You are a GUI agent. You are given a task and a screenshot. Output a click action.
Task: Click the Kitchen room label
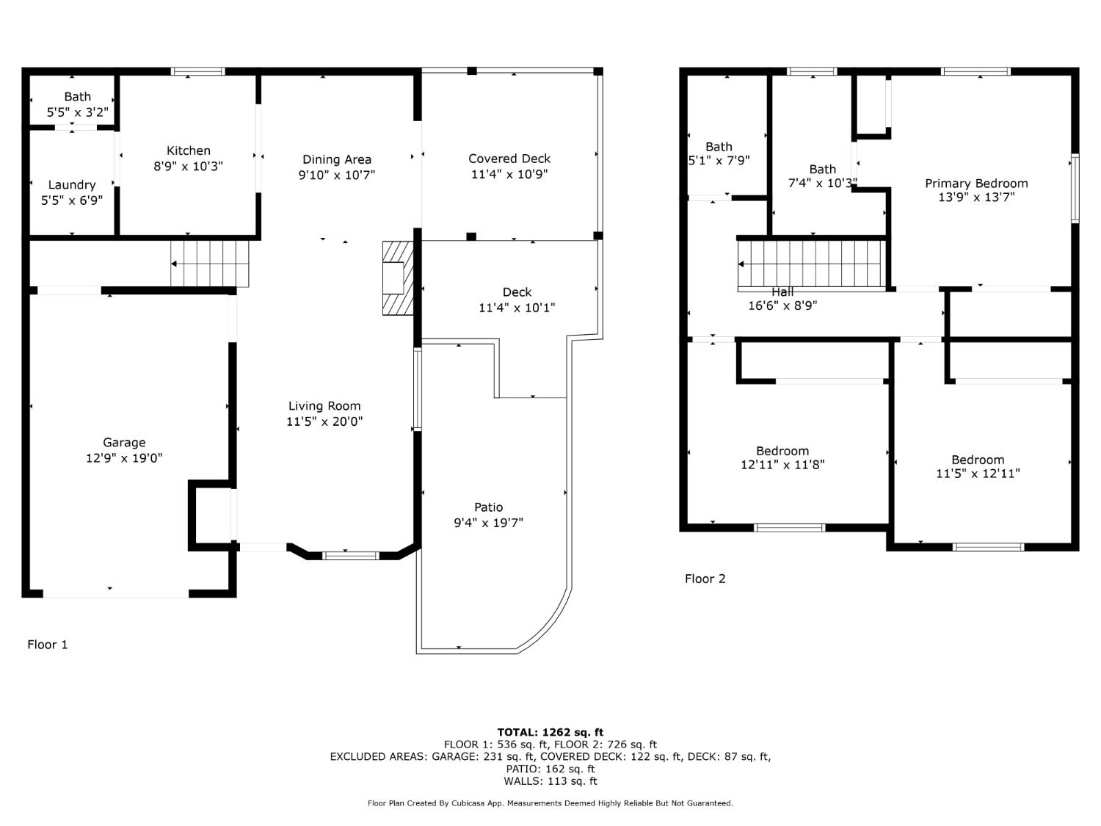point(189,151)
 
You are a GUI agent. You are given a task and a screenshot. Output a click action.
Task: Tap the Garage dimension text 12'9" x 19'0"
point(124,458)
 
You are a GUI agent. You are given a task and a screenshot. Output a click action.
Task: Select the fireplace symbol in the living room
point(398,278)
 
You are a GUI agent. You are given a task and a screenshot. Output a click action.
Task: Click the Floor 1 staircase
point(210,264)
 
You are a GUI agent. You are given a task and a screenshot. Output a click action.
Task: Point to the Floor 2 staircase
point(811,264)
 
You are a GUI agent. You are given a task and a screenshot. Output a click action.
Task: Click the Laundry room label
point(72,185)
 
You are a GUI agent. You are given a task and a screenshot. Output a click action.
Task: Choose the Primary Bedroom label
point(976,184)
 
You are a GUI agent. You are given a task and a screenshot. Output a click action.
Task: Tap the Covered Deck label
point(509,159)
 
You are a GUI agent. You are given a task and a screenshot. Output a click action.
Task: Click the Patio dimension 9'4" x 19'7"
point(488,523)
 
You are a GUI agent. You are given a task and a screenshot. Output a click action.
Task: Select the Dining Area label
point(337,159)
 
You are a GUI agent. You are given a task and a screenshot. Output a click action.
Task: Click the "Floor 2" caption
point(705,579)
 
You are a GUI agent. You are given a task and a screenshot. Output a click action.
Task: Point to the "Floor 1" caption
point(48,645)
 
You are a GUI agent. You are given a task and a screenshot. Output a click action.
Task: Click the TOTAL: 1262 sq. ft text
point(550,732)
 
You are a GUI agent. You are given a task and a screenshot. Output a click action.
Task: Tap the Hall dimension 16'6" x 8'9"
point(782,305)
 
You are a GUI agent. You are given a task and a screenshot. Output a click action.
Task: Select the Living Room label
point(324,406)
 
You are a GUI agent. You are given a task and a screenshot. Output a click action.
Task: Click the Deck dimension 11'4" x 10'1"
point(517,308)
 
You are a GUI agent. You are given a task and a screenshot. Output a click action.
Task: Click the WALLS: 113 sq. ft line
point(550,781)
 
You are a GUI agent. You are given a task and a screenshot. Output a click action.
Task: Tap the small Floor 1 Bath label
point(77,97)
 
